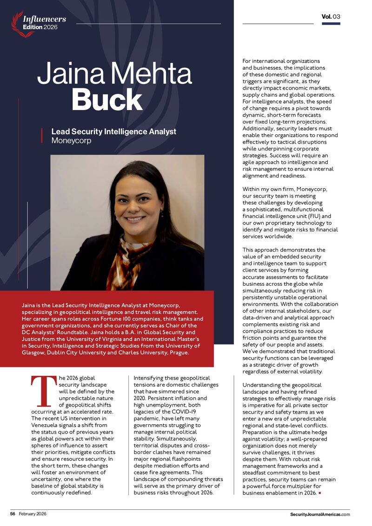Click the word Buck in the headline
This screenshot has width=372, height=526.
107,100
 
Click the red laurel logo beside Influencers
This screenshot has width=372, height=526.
17,24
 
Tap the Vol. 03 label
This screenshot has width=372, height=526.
331,17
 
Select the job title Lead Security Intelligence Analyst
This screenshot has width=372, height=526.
113,131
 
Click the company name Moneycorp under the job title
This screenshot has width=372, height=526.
71,140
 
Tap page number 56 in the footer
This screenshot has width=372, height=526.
13,514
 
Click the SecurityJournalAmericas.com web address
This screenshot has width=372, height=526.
320,514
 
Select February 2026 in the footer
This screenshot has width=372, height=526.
33,514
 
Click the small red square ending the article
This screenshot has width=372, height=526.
320,493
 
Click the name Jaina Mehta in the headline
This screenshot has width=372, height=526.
114,73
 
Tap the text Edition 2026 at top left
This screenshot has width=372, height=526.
40,27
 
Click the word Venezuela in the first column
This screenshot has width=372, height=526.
46,425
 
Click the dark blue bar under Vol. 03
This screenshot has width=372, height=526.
331,24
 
